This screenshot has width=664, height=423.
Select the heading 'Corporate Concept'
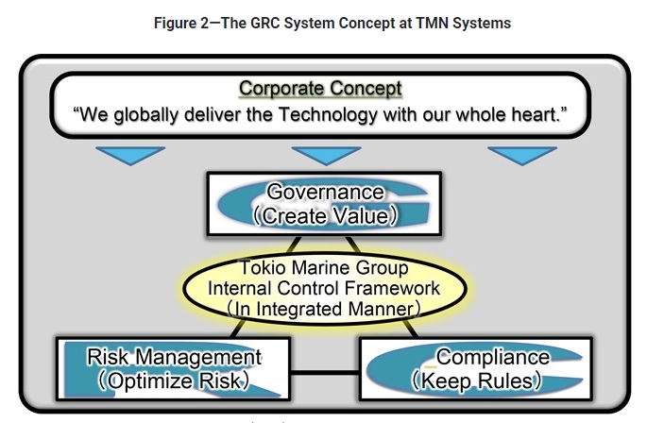(x=320, y=89)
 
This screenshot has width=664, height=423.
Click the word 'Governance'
(x=326, y=192)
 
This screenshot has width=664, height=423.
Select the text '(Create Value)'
(x=325, y=215)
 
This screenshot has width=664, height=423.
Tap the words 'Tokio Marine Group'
(x=324, y=268)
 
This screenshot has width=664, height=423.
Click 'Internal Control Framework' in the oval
(x=324, y=288)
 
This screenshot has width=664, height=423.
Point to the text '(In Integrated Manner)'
(x=324, y=309)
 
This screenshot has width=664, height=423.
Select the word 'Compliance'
(x=492, y=357)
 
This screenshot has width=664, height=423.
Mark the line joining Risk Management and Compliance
(x=325, y=368)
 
